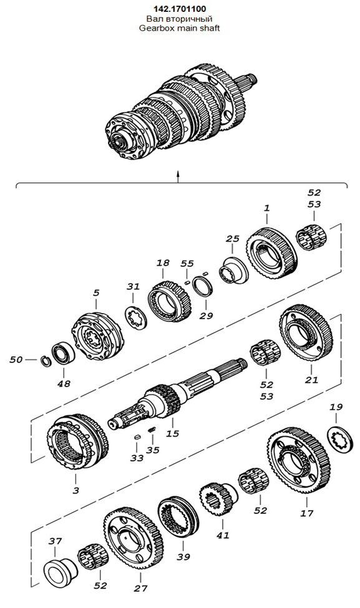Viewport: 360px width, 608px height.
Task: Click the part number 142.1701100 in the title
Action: tap(179, 9)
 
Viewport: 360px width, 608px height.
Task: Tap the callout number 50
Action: tap(16, 359)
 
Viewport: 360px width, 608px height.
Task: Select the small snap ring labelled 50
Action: tap(46, 362)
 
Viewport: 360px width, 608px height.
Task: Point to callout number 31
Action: tap(133, 287)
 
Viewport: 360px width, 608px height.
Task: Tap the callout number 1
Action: tap(267, 208)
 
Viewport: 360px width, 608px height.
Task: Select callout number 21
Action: tap(311, 380)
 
